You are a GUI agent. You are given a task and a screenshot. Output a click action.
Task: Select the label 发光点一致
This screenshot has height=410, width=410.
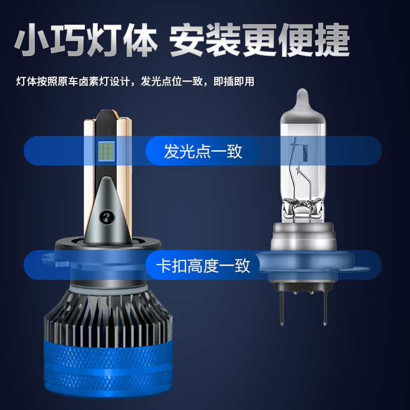[203, 152]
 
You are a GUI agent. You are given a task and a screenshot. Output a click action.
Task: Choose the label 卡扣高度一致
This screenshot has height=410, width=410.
[203, 265]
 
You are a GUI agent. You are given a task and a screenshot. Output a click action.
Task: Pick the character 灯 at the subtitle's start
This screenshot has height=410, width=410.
[21, 81]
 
